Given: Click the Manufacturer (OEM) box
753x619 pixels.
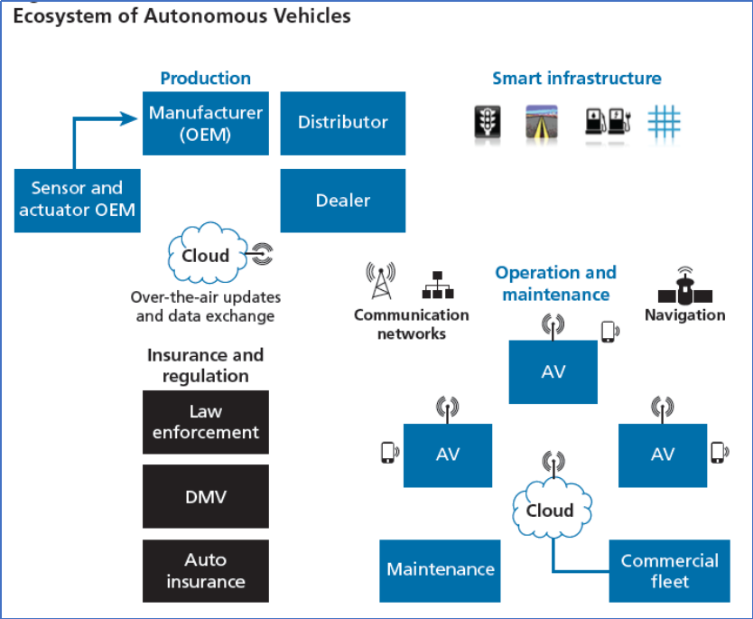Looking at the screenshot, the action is (x=206, y=124).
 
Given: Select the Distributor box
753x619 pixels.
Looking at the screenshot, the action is (x=343, y=124).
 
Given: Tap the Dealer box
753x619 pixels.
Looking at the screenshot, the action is (x=343, y=201).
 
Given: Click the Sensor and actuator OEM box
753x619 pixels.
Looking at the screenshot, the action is (x=78, y=201).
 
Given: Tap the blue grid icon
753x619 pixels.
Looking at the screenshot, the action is (x=665, y=122).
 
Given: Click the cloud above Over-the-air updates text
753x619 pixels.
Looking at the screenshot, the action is (x=208, y=253).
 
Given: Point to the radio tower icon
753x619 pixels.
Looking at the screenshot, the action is (x=381, y=281).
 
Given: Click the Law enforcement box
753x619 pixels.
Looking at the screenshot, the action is (x=206, y=422).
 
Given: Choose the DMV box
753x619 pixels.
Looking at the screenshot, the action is (x=206, y=496).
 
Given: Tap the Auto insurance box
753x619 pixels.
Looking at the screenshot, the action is (x=206, y=571).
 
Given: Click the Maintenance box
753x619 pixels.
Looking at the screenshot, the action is (x=440, y=571).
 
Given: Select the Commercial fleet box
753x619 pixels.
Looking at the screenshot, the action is (x=669, y=571).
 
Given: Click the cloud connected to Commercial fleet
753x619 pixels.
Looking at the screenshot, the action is (x=553, y=509).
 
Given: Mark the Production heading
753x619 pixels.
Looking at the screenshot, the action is (x=206, y=78).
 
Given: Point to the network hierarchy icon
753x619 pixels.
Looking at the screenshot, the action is (x=438, y=285).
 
